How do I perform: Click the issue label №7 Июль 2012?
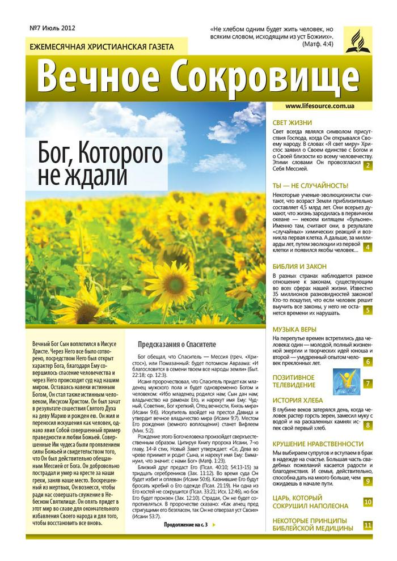pos(52,28)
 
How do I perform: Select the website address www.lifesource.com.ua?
pos(320,106)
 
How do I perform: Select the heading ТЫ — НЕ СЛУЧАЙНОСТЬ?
pos(310,185)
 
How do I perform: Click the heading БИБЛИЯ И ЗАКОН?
pos(299,265)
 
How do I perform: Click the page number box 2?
pos(368,165)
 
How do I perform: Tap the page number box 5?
pos(368,310)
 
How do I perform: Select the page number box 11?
pos(368,525)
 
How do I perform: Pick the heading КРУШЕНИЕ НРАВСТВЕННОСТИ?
pos(318,444)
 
